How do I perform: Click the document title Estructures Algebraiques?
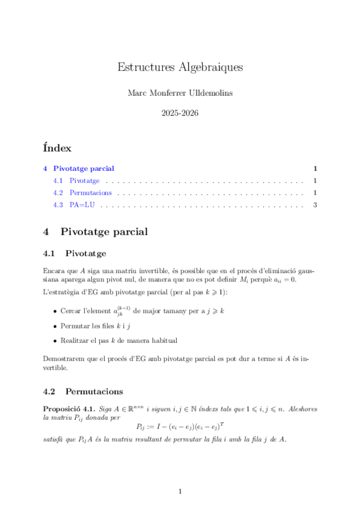coord(180,67)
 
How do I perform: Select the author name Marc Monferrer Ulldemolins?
coord(180,93)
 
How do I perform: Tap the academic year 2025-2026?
coord(180,112)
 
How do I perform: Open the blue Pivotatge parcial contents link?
coord(84,168)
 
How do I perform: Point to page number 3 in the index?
coord(315,206)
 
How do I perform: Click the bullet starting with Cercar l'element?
coord(142,312)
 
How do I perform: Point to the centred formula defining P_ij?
coord(180,428)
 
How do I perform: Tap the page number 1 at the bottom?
coord(180,492)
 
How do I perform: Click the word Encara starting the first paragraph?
coord(54,271)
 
